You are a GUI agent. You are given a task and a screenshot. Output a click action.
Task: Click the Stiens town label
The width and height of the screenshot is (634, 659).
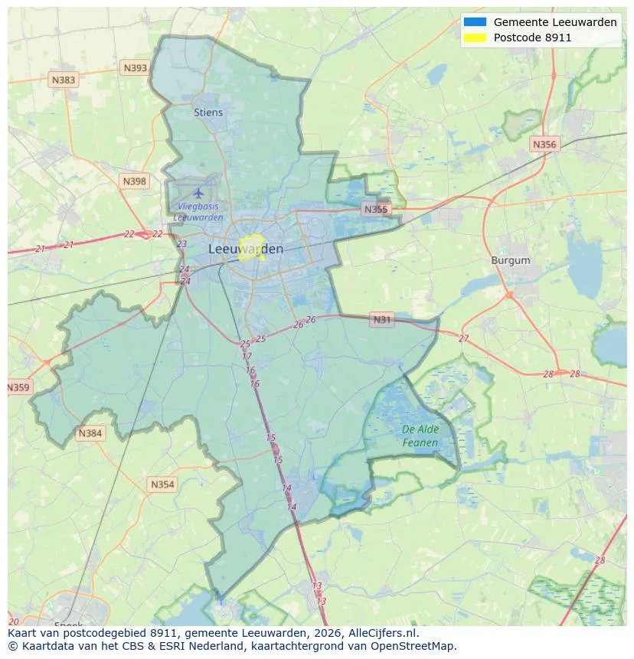pyautogui.click(x=208, y=113)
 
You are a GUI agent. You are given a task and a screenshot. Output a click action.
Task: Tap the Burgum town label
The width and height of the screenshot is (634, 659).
pyautogui.click(x=510, y=260)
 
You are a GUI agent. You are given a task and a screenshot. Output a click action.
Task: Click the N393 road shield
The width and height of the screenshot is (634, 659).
pyautogui.click(x=135, y=68)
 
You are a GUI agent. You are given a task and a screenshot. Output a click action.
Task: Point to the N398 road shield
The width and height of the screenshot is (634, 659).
pyautogui.click(x=133, y=181)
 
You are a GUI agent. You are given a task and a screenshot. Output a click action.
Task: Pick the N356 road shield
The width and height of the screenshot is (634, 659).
pyautogui.click(x=544, y=144)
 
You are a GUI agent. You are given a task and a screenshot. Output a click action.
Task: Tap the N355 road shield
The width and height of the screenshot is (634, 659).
pyautogui.click(x=376, y=209)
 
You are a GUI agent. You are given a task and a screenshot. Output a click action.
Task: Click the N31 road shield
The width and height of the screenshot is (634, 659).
pyautogui.click(x=381, y=319)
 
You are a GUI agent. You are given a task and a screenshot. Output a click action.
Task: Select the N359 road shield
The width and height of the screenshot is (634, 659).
pyautogui.click(x=18, y=387)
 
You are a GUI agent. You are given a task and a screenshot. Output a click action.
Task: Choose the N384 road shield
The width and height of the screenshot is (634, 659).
pyautogui.click(x=90, y=434)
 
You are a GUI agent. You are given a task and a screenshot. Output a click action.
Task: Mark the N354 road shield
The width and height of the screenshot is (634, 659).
pyautogui.click(x=162, y=484)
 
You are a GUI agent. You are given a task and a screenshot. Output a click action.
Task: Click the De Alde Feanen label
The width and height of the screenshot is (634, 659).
pyautogui.click(x=420, y=436)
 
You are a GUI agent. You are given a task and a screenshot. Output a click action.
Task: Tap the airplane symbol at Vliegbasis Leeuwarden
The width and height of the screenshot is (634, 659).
pyautogui.click(x=199, y=192)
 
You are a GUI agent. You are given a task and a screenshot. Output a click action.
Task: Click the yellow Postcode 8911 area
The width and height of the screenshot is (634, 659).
pyautogui.click(x=250, y=249)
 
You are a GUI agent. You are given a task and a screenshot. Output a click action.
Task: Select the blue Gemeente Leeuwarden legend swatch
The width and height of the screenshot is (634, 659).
pyautogui.click(x=475, y=22)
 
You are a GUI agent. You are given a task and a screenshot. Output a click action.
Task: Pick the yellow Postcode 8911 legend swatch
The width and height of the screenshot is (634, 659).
pyautogui.click(x=475, y=37)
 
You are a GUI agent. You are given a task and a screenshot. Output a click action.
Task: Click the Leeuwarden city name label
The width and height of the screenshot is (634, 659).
pyautogui.click(x=245, y=249)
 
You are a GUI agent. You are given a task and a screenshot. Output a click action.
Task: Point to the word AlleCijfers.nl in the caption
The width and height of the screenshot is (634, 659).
pyautogui.click(x=383, y=633)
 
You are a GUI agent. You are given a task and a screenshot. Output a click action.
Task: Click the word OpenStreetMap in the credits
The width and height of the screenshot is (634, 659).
pyautogui.click(x=418, y=646)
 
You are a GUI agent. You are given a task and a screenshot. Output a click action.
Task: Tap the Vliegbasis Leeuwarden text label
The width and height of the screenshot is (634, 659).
pyautogui.click(x=198, y=212)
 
